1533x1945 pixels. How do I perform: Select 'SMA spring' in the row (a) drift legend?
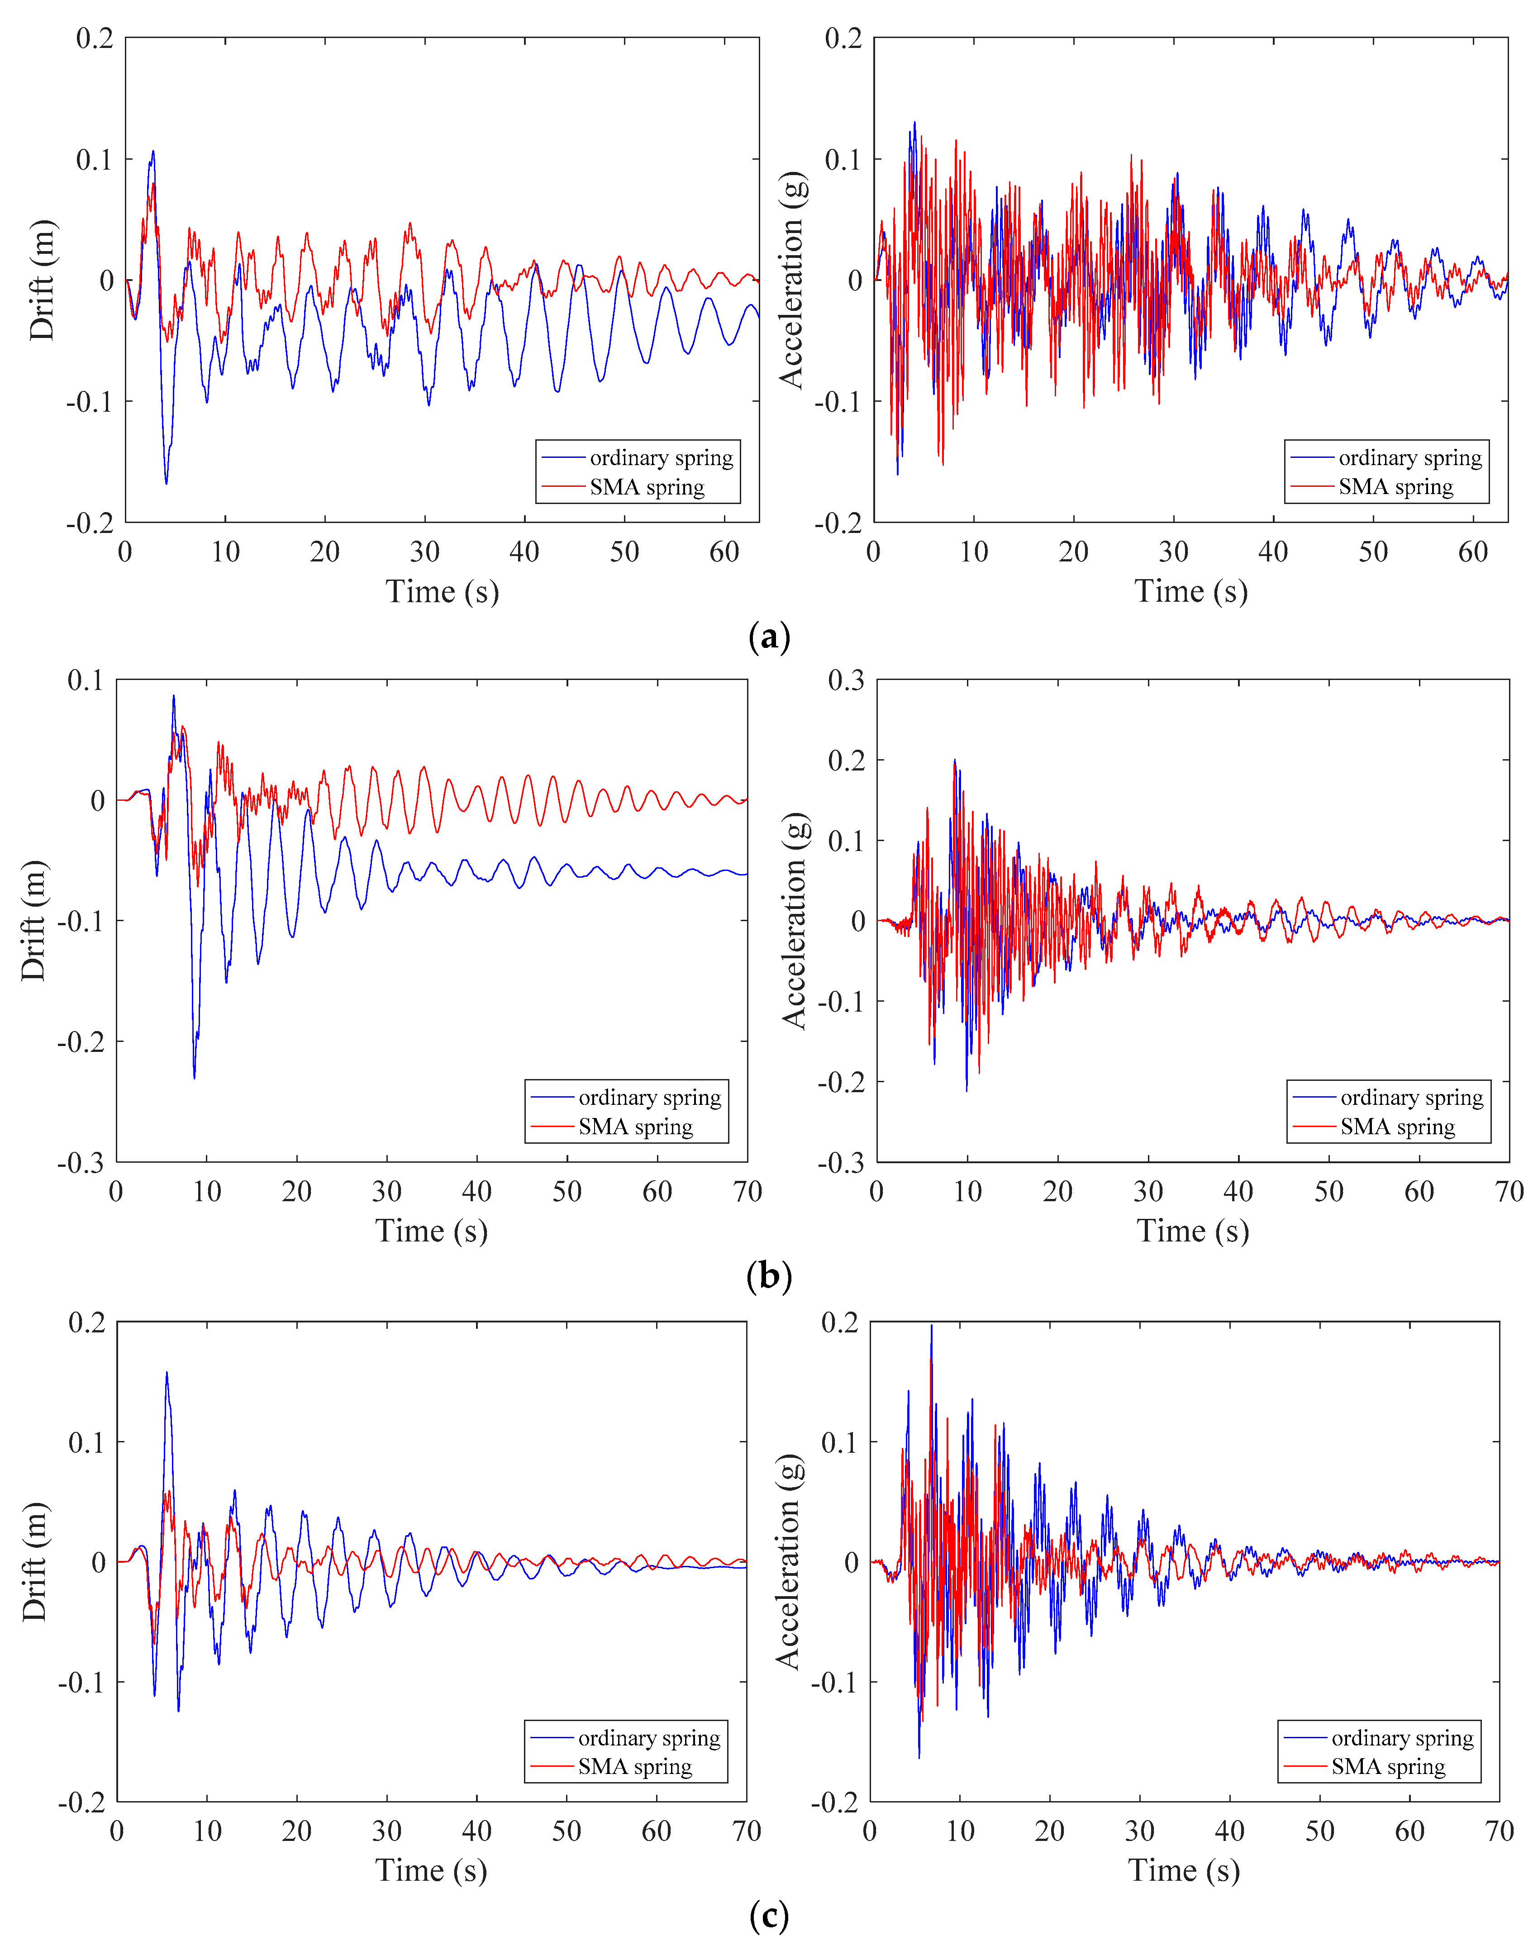click(x=647, y=487)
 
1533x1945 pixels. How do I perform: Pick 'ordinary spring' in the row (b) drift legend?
click(x=650, y=1098)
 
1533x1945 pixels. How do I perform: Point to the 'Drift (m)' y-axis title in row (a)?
click(x=41, y=280)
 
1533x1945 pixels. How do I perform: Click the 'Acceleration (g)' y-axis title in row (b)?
click(x=794, y=921)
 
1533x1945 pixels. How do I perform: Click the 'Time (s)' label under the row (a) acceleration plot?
click(x=1191, y=591)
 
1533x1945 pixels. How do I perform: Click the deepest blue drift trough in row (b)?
click(x=194, y=1078)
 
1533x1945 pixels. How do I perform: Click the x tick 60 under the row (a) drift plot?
click(x=724, y=551)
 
